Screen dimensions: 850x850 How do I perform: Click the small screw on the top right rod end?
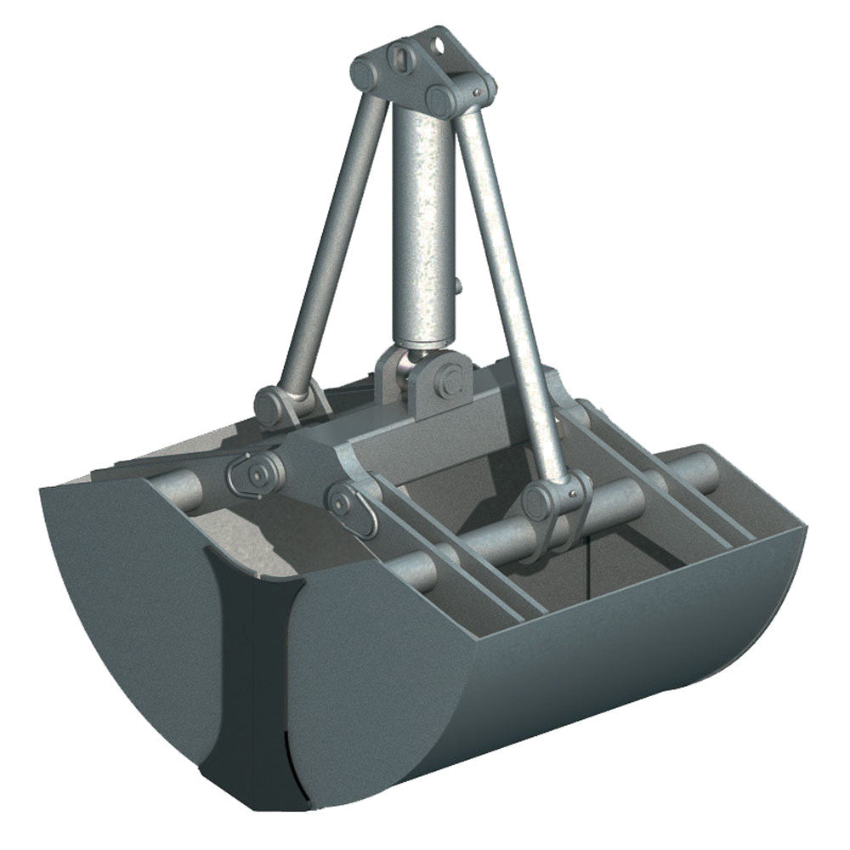[479, 91]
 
